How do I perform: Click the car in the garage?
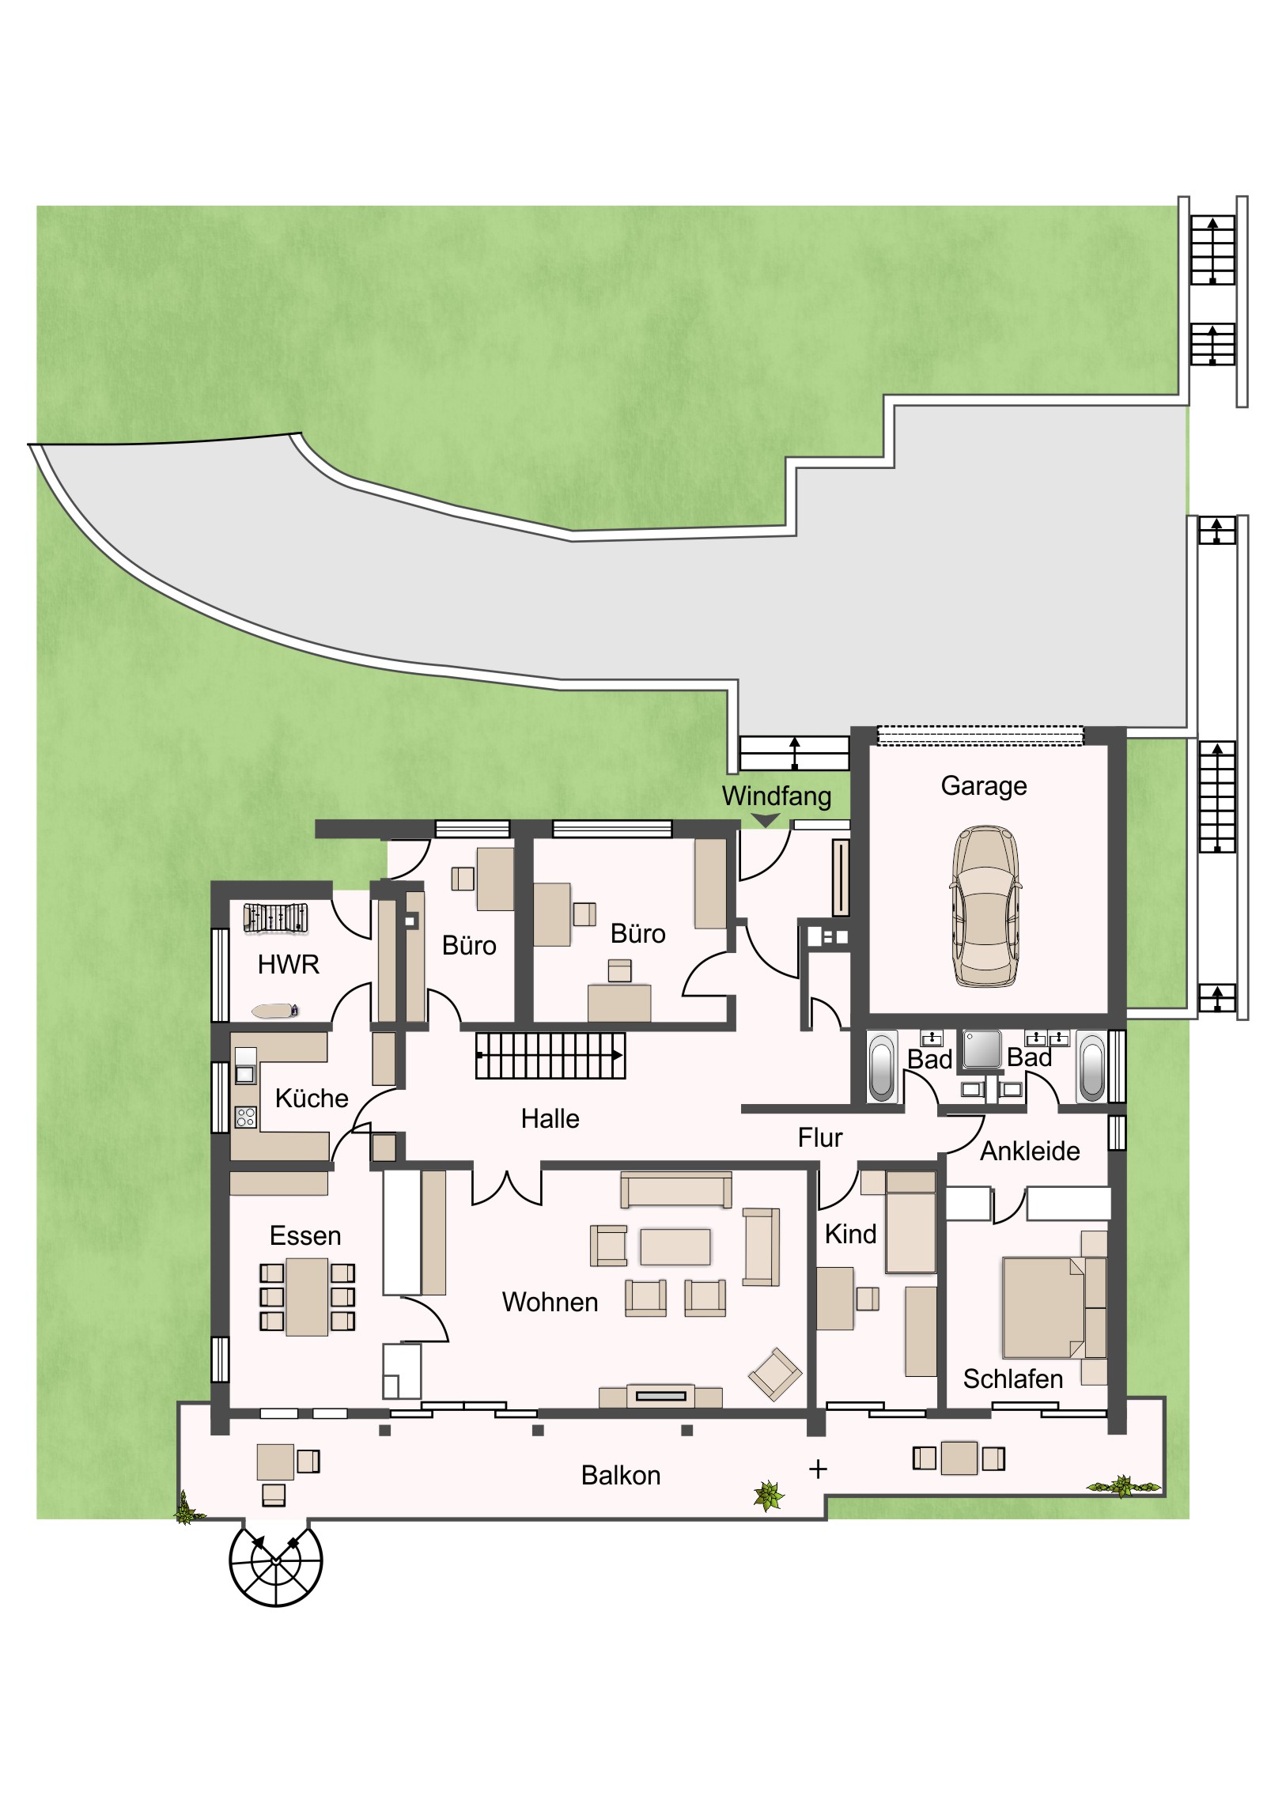coord(985,906)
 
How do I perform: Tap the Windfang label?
coord(777,796)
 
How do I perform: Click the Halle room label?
coord(550,1118)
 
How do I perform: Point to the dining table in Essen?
coord(307,1297)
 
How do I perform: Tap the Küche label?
coord(312,1098)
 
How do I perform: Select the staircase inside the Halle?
coord(550,1055)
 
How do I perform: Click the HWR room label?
coord(289,964)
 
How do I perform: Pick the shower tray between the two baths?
coord(982,1049)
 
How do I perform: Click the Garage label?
coord(984,786)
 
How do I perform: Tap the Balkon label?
coord(620,1475)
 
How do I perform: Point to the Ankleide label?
coord(1030,1152)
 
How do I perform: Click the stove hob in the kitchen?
coord(246,1117)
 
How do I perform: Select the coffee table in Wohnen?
coord(675,1246)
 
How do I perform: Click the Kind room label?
coord(850,1234)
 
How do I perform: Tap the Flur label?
coord(820,1138)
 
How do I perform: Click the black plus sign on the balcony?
coord(819,1469)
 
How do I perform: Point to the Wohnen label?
coord(550,1302)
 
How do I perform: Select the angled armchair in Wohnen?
coord(775,1374)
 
